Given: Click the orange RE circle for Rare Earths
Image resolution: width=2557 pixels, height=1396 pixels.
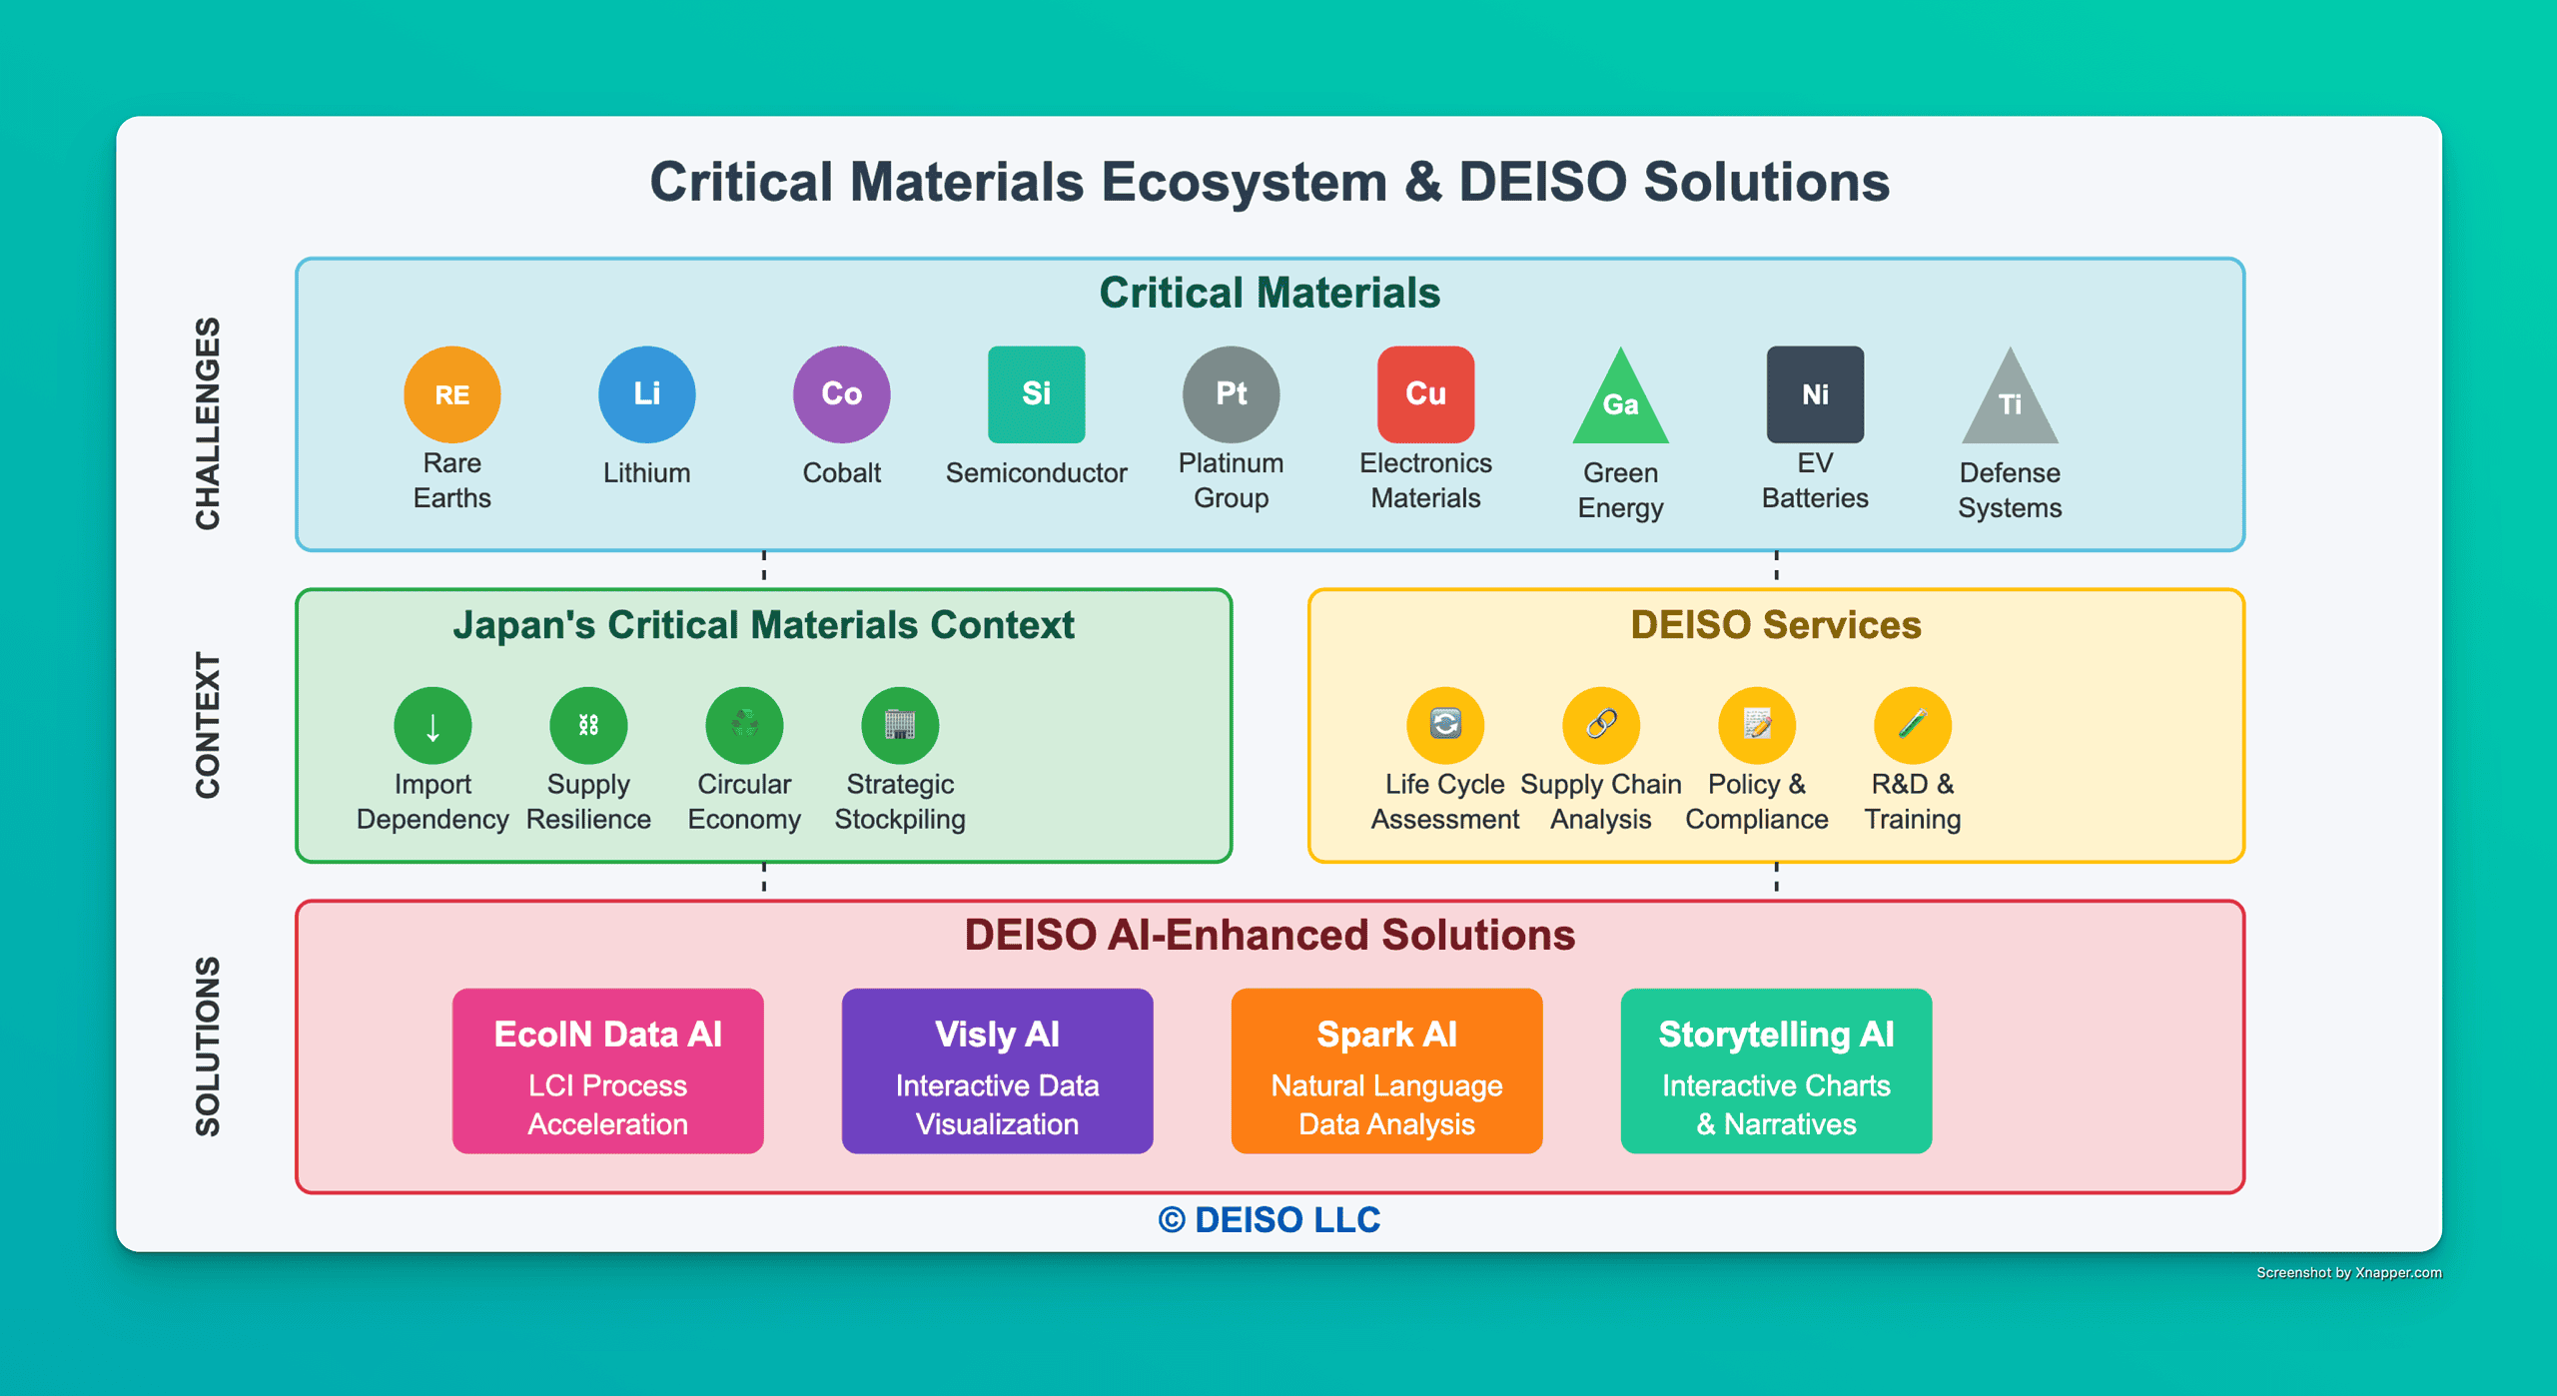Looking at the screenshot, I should tap(451, 394).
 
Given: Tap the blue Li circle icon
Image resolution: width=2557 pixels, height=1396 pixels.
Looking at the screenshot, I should tap(646, 394).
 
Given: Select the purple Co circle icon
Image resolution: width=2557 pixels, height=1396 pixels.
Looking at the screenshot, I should tap(841, 394).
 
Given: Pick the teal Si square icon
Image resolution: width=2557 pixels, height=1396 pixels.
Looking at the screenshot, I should tap(1036, 394).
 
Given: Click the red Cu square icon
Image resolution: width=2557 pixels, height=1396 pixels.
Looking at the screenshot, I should tap(1425, 394).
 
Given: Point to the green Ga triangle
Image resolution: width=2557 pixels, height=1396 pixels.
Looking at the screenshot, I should tap(1620, 404).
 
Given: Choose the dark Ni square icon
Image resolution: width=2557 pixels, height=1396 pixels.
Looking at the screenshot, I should tap(1815, 394).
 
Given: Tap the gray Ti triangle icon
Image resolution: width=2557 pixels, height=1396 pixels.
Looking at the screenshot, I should tap(2010, 404).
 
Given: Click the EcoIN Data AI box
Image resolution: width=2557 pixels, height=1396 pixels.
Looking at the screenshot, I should tap(607, 1070).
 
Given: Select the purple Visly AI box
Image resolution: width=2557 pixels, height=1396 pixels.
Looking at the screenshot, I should tap(997, 1070).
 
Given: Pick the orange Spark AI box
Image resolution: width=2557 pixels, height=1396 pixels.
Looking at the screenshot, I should tap(1386, 1070).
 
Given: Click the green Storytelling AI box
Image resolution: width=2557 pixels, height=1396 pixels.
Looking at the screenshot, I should tap(1776, 1070).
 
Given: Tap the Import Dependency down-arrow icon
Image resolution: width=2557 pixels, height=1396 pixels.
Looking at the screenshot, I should tap(432, 725).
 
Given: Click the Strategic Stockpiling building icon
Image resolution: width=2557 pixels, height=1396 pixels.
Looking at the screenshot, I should tap(900, 725).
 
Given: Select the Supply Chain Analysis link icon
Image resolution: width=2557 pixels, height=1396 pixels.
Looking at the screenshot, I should tap(1601, 725).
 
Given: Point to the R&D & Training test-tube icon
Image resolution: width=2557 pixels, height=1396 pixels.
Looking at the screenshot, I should tap(1913, 725).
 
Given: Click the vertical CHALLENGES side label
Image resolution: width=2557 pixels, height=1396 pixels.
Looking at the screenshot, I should tap(207, 423).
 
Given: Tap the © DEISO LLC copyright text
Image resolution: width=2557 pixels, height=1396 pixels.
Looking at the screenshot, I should tap(1270, 1219).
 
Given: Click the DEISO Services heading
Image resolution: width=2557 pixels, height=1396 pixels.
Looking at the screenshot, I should tap(1775, 625).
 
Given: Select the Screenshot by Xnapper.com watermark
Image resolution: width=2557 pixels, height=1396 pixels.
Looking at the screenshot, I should tap(2348, 1272).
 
